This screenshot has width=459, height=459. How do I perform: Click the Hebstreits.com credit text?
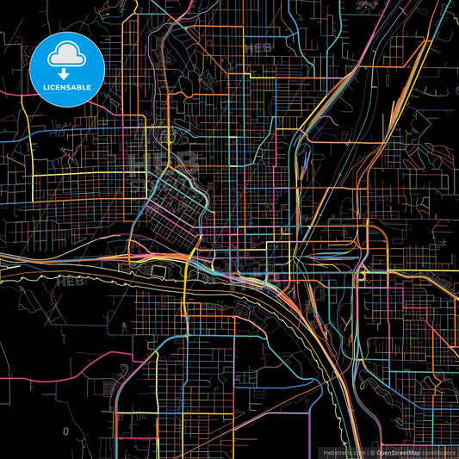(x=344, y=452)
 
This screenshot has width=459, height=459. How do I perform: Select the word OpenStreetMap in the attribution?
(x=397, y=452)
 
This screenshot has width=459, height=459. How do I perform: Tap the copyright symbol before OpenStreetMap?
(x=372, y=452)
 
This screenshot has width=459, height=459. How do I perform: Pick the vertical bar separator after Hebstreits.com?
(x=365, y=452)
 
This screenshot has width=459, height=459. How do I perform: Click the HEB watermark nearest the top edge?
(x=257, y=48)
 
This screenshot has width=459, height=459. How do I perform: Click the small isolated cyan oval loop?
(x=65, y=429)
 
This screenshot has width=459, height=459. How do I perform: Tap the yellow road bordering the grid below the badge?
(x=86, y=176)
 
